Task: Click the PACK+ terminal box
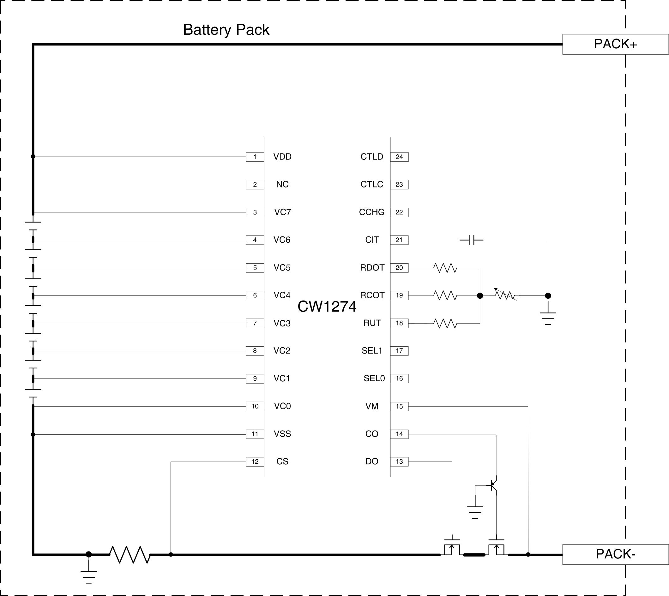(615, 44)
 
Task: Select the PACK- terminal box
(615, 554)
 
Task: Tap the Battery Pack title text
(226, 30)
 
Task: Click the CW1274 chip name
(327, 307)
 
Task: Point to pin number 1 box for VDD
(255, 157)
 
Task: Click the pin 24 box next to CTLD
(399, 157)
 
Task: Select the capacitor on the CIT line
(471, 240)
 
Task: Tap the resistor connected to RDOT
(445, 268)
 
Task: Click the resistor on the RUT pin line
(445, 324)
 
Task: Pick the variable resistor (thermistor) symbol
(505, 295)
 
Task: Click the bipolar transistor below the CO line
(493, 485)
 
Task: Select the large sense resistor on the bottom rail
(130, 554)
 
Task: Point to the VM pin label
(371, 406)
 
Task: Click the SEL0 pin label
(374, 378)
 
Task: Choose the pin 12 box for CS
(255, 462)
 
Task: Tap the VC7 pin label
(282, 212)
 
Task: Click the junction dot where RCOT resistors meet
(480, 296)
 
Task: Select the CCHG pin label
(371, 212)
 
